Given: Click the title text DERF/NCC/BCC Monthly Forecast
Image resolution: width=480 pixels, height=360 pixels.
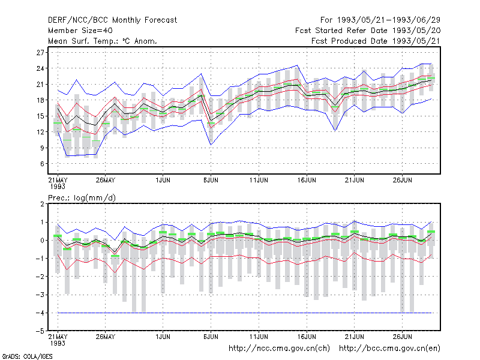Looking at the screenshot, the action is [x=112, y=20].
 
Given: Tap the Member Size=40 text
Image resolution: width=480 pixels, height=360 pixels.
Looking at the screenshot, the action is [x=80, y=31].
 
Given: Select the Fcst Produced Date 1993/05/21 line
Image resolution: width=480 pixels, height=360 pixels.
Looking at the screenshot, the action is [x=376, y=41].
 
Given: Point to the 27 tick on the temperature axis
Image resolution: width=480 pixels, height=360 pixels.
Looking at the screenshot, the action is [x=40, y=53].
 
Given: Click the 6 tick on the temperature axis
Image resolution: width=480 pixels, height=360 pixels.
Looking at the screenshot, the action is [x=42, y=164].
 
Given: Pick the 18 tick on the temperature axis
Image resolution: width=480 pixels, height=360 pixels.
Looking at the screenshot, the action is [x=40, y=100].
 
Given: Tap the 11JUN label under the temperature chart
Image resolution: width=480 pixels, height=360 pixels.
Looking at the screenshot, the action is [x=259, y=180].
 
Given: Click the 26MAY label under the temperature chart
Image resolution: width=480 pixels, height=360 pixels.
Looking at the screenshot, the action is [x=106, y=180].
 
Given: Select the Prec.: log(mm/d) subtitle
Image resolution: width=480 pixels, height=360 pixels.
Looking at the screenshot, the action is [x=82, y=198].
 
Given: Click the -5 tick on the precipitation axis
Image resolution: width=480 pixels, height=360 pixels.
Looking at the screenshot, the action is [x=40, y=331].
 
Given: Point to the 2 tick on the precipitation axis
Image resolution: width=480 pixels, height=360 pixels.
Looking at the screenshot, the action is [x=42, y=204].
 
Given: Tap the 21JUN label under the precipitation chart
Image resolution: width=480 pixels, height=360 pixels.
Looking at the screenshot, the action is [x=355, y=337].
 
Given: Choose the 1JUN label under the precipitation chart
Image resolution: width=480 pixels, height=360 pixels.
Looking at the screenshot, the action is [x=163, y=337].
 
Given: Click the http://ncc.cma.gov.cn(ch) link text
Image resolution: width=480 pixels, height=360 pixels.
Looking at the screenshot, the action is [x=279, y=349].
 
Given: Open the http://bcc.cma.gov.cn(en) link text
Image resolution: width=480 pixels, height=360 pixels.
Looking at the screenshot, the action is [x=389, y=349].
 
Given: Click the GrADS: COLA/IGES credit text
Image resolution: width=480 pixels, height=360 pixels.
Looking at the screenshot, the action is [x=27, y=356].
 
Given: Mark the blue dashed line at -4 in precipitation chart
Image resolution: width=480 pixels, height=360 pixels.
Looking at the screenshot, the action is [x=245, y=313].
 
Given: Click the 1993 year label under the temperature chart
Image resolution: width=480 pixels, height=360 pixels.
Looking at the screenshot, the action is [x=58, y=187].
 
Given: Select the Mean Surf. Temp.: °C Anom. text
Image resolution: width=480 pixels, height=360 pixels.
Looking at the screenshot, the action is [x=103, y=41].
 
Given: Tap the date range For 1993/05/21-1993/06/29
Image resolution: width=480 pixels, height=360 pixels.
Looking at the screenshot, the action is [x=380, y=20].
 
